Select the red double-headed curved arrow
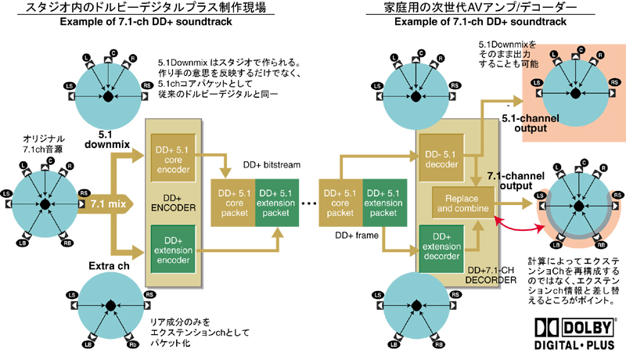(x=517, y=221)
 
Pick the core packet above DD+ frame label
(x=340, y=203)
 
